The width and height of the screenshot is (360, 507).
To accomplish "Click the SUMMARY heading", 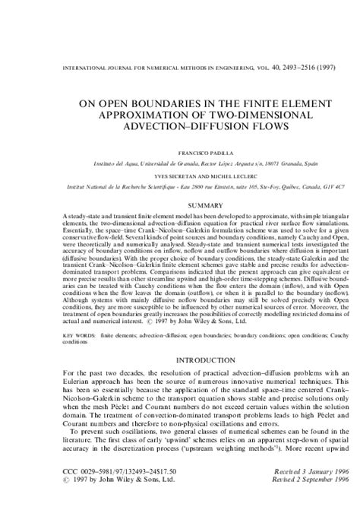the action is (180, 206).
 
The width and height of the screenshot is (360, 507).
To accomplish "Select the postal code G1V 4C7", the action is (321, 185).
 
